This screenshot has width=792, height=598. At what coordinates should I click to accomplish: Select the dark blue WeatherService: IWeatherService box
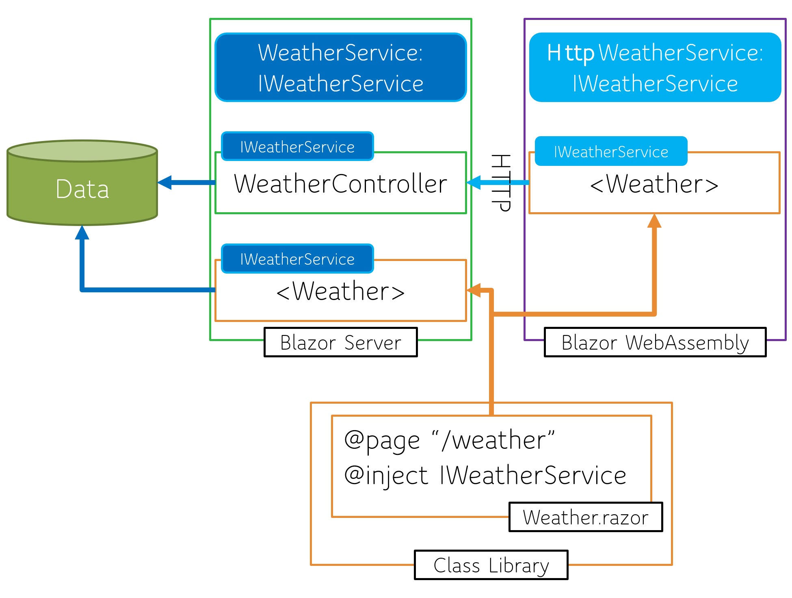point(340,67)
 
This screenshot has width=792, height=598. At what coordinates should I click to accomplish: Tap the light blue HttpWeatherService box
point(655,67)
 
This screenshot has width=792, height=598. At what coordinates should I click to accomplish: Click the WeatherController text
point(340,184)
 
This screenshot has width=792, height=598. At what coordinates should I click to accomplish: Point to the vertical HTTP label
point(500,183)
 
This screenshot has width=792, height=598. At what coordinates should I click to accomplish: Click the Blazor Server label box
point(340,342)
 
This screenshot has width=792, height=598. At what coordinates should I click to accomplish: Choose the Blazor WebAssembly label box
point(655,342)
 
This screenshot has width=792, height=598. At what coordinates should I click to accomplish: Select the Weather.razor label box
point(585,517)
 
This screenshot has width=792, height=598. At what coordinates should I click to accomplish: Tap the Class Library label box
point(491,565)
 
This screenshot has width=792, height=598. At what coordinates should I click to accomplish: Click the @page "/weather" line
point(449,440)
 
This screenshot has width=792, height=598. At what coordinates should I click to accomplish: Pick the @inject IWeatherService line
point(485,475)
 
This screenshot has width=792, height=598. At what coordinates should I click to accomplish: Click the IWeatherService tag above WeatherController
point(297,147)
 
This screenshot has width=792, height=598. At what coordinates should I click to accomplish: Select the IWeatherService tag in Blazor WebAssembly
point(611,152)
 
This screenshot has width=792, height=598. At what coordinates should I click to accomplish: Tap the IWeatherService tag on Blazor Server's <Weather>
point(297,259)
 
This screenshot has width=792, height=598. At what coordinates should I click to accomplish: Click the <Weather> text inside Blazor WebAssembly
point(654,184)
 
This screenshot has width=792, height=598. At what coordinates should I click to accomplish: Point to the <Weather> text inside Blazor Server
point(340,291)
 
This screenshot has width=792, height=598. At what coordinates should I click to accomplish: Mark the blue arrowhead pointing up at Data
point(82,233)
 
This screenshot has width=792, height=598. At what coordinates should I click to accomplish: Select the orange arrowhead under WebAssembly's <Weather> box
point(654,221)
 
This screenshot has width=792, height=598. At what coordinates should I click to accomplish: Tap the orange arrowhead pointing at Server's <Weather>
point(474,290)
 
